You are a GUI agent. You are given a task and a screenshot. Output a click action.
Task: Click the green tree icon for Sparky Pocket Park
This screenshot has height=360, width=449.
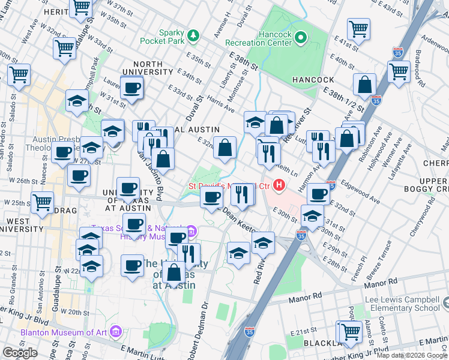tap(193, 36)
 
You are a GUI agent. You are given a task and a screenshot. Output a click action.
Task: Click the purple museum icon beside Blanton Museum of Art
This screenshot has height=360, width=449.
tap(116, 331)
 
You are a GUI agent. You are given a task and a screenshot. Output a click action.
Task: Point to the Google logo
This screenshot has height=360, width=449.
tap(20, 353)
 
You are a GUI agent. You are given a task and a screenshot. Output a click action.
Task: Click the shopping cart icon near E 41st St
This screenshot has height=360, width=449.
tap(358, 28)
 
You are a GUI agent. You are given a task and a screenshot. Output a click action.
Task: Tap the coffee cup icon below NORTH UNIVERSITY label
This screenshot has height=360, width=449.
tap(132, 88)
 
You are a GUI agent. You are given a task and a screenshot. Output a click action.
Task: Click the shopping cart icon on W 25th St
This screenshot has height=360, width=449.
tap(42, 203)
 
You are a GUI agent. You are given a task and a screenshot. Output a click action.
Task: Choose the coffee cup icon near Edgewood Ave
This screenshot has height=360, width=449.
tap(318, 193)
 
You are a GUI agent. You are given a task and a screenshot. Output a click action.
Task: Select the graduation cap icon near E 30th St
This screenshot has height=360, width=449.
tap(312, 215)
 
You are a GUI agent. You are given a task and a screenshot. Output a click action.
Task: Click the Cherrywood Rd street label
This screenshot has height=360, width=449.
tap(429, 219)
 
